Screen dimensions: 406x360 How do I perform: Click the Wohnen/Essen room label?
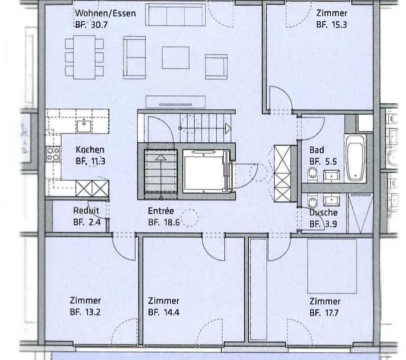(106, 13)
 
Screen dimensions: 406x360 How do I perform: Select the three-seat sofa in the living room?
(175, 14)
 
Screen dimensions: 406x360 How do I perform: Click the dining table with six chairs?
(85, 57)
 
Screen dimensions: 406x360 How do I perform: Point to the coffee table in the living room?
(176, 57)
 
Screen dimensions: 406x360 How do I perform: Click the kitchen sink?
(84, 126)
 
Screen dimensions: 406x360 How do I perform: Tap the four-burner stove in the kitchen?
(54, 154)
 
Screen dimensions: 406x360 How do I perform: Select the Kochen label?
(90, 149)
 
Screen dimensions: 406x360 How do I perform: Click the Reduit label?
(86, 210)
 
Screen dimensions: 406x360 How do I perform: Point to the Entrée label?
(161, 211)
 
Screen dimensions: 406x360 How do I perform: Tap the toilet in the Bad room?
(313, 174)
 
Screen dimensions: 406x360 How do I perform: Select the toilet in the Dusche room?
(313, 201)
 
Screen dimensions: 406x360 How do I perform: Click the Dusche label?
(324, 212)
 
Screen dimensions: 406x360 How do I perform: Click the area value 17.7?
(330, 313)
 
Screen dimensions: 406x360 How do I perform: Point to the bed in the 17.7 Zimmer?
(332, 266)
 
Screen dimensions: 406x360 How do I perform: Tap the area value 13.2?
(93, 312)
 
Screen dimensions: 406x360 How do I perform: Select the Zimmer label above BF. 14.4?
(164, 301)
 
